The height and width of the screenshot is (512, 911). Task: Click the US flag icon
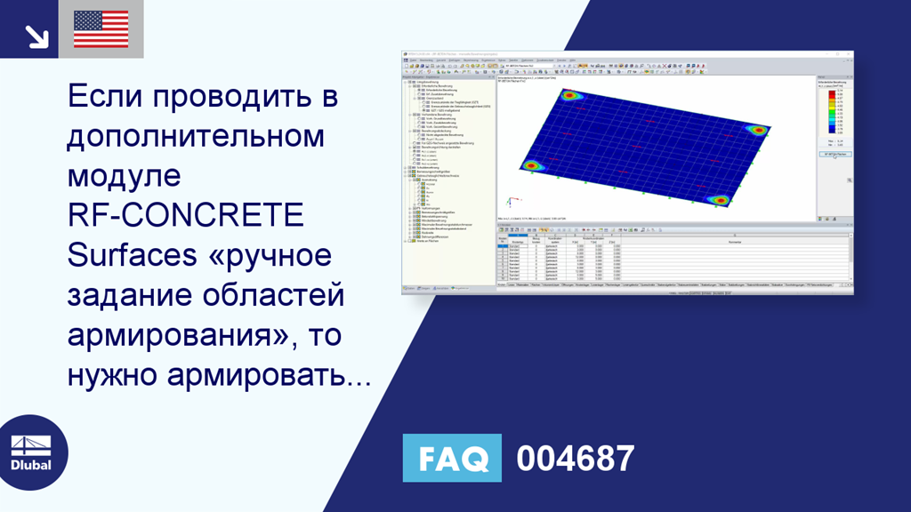coord(101,29)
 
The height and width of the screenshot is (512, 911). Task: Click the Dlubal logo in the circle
coord(30,452)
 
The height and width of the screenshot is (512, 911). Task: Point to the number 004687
coord(575,459)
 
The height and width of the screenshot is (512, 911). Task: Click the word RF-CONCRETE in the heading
coord(185,216)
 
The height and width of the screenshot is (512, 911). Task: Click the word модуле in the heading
coord(124,177)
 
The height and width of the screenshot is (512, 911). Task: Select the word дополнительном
coord(196,137)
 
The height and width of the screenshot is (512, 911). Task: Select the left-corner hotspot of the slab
coord(532,165)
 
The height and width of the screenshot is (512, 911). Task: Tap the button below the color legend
coord(834,154)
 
